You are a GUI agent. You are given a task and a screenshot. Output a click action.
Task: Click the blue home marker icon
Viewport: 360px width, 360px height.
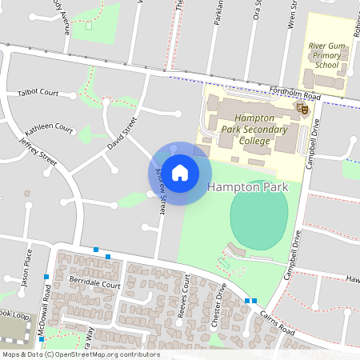[x=180, y=171]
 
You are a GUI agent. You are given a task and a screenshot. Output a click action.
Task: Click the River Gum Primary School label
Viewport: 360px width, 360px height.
[x=326, y=55]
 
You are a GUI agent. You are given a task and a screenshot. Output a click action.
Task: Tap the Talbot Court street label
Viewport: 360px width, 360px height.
[x=38, y=94]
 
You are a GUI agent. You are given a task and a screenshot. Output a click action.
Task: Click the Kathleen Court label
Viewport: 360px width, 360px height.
[x=49, y=128]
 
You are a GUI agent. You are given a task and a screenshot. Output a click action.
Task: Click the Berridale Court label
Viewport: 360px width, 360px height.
[x=94, y=284]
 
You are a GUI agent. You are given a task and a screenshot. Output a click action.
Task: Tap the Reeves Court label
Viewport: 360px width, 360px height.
[x=186, y=297]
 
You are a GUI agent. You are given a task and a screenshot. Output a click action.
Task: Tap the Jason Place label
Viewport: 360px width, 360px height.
[x=26, y=271]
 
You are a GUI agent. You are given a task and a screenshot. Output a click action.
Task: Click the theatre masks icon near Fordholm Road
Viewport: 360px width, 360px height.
[x=302, y=107]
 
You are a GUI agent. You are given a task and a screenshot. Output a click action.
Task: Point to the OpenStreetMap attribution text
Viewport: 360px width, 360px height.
[x=81, y=354]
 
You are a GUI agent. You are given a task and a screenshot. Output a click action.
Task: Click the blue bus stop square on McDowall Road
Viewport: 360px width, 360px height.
[x=46, y=276]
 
